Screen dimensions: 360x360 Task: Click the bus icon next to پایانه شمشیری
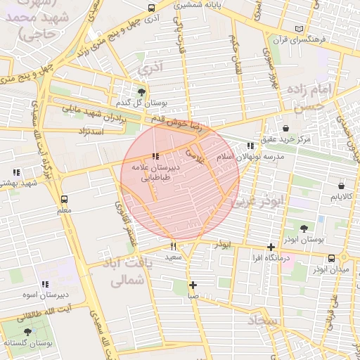pyautogui.click(x=152, y=8)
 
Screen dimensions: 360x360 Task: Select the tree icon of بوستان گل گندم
pyautogui.click(x=142, y=92)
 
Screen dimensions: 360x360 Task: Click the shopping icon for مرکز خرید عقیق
pyautogui.click(x=286, y=128)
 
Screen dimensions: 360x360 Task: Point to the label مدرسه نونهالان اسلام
pyautogui.click(x=250, y=155)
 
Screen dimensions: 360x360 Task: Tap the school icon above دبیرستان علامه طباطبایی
pyautogui.click(x=155, y=156)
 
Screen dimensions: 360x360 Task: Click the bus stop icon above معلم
pyautogui.click(x=65, y=199)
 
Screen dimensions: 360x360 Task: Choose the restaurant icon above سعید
pyautogui.click(x=173, y=246)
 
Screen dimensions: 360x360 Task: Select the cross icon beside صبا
pyautogui.click(x=193, y=285)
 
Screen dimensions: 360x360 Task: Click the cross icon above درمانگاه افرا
pyautogui.click(x=271, y=247)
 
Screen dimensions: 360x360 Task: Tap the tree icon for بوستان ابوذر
pyautogui.click(x=304, y=229)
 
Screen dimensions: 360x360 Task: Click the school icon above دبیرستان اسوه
pyautogui.click(x=45, y=284)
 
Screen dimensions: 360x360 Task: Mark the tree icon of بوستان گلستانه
pyautogui.click(x=27, y=332)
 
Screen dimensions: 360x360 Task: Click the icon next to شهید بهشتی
pyautogui.click(x=15, y=172)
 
